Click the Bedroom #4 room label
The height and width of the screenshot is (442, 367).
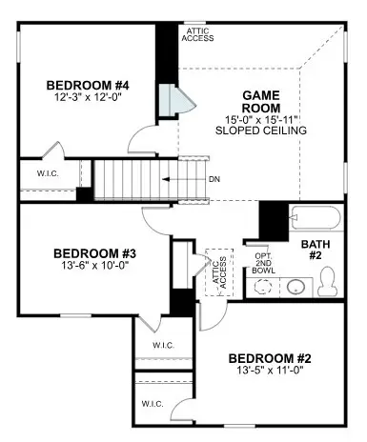pyautogui.click(x=88, y=86)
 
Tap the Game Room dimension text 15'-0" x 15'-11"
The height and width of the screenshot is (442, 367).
pyautogui.click(x=261, y=120)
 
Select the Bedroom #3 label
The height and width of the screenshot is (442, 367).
pyautogui.click(x=94, y=253)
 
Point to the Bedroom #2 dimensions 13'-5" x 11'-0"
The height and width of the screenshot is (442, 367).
pyautogui.click(x=270, y=370)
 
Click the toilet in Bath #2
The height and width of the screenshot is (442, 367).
pyautogui.click(x=327, y=281)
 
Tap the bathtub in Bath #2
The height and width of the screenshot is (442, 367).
pyautogui.click(x=316, y=217)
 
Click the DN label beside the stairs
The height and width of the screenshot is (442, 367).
pyautogui.click(x=214, y=179)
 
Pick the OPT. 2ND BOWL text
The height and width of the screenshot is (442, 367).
pyautogui.click(x=263, y=263)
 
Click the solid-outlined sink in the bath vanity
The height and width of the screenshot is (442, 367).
pyautogui.click(x=296, y=287)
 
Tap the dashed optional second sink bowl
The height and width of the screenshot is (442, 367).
pyautogui.click(x=263, y=287)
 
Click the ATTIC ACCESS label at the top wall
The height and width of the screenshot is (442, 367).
pyautogui.click(x=197, y=34)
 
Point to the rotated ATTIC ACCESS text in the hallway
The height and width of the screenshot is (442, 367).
pyautogui.click(x=219, y=272)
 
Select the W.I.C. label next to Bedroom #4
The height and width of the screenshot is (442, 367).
pyautogui.click(x=48, y=173)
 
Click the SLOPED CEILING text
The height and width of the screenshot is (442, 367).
pyautogui.click(x=261, y=131)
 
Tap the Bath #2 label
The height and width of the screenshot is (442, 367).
pyautogui.click(x=316, y=250)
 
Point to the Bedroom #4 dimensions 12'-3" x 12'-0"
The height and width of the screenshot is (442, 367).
pyautogui.click(x=89, y=97)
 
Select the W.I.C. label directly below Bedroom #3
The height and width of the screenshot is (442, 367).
pyautogui.click(x=163, y=345)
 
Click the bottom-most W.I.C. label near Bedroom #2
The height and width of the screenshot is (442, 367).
pyautogui.click(x=153, y=404)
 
